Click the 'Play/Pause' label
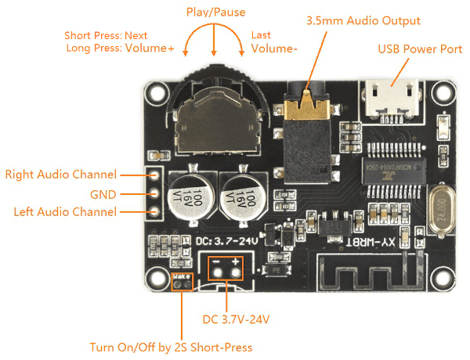point(215,13)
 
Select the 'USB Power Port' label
point(420,49)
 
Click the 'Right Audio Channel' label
point(60,175)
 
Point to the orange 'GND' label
point(102,193)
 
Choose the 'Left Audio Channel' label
point(65,212)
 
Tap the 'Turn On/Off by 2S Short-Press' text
point(172,347)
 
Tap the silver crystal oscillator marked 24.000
point(441,207)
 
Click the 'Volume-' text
point(274,49)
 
